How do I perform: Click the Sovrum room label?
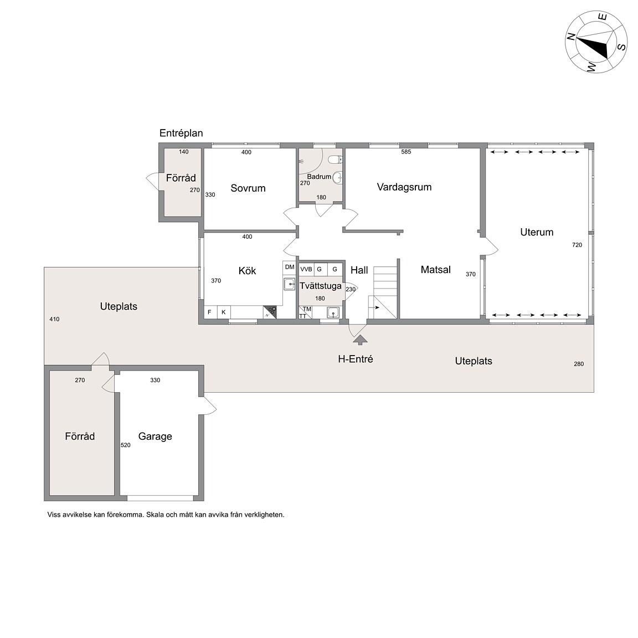248,188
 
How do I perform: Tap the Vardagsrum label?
404,187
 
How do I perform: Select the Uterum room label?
537,232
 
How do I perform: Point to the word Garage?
155,436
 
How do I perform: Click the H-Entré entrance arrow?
360,339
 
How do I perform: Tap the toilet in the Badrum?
335,159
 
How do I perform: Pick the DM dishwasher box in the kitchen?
289,267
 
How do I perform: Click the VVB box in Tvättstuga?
306,269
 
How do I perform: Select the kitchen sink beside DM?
289,284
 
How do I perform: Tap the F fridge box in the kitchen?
210,312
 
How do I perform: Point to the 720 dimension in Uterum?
577,245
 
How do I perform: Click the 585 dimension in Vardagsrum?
406,152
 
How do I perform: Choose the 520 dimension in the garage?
126,445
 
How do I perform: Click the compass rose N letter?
572,37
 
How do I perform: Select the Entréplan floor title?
181,133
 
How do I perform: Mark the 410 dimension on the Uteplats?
54,320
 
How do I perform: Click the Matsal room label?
436,269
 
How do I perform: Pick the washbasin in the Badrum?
337,177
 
